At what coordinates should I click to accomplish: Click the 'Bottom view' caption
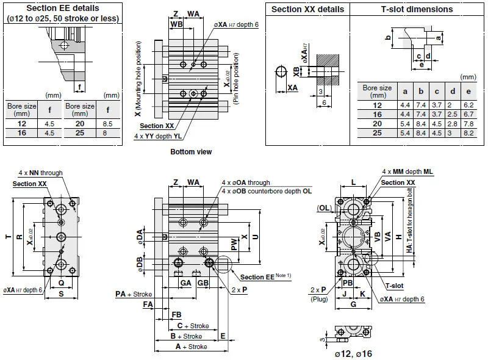(191, 152)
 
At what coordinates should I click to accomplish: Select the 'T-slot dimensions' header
(417, 9)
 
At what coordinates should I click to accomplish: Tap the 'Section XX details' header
(307, 9)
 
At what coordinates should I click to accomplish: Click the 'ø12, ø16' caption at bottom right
(353, 353)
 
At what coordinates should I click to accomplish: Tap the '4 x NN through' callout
(40, 173)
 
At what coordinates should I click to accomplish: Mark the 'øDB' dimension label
(141, 264)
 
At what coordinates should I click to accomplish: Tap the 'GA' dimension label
(185, 283)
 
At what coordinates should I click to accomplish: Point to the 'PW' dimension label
(234, 244)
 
